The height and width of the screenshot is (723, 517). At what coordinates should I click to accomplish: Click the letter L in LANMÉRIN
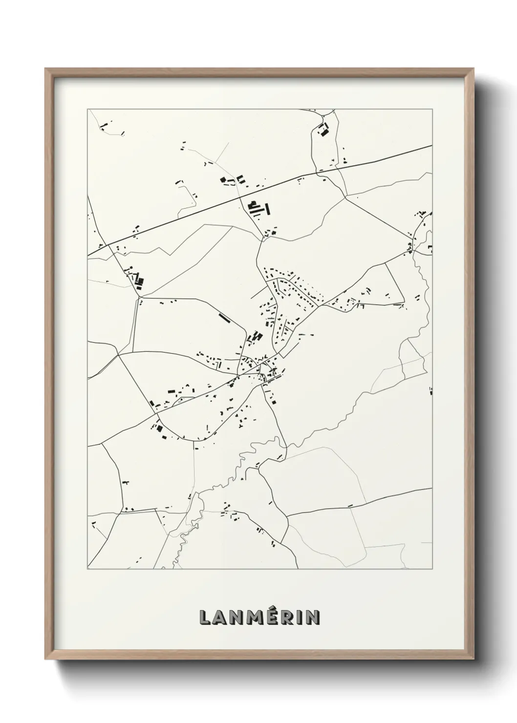click(204, 617)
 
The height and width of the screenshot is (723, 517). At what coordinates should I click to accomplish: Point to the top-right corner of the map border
click(432, 109)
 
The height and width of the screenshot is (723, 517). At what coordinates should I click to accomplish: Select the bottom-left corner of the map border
click(87, 569)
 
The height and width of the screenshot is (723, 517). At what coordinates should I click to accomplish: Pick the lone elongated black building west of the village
click(225, 319)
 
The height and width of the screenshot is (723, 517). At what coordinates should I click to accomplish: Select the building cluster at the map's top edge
click(323, 130)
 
